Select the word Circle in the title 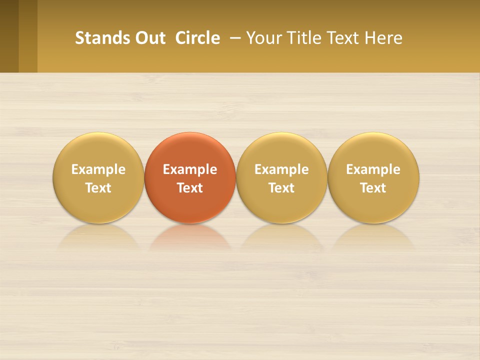(197, 38)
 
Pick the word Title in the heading (306, 38)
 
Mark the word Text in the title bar (344, 38)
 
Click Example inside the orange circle (190, 169)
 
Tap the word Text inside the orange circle (190, 188)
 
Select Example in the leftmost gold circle (98, 169)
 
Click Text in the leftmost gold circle (98, 188)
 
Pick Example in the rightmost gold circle (373, 169)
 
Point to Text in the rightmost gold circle (373, 188)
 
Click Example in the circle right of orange (281, 169)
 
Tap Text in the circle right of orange (281, 188)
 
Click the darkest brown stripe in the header (9, 36)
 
